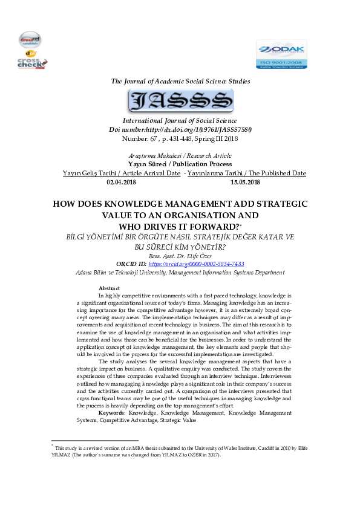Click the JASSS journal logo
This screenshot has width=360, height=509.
[x=180, y=100]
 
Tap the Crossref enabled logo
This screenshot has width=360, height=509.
[x=30, y=40]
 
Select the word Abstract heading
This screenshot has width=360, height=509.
[x=109, y=288]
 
